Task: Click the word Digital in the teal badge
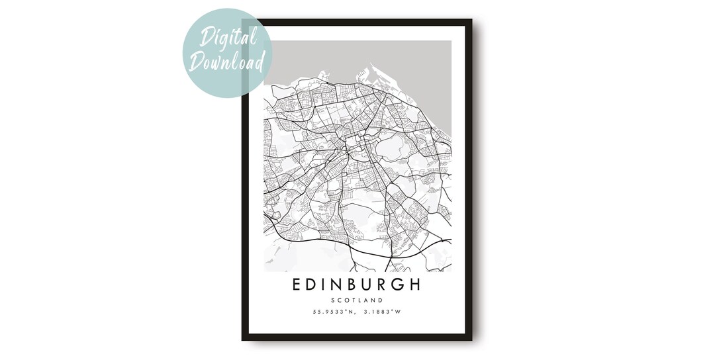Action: [x=226, y=39]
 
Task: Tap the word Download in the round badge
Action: [x=227, y=62]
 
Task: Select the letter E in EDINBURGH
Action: [x=297, y=285]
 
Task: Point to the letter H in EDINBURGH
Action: [x=414, y=285]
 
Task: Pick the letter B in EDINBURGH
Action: [x=351, y=285]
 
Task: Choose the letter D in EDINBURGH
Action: [x=311, y=285]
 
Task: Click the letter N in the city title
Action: [x=335, y=285]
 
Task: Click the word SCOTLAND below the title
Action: [x=357, y=301]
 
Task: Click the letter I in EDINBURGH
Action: [x=323, y=285]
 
